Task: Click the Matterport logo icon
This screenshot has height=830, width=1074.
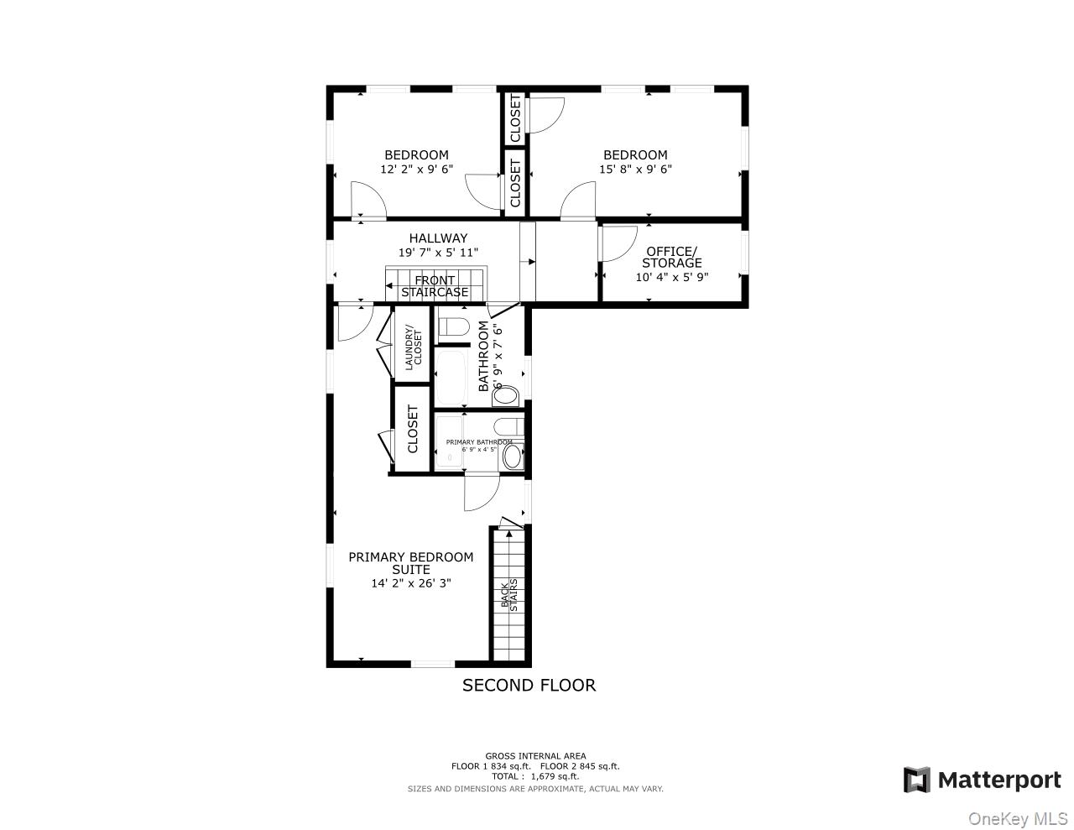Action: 916,780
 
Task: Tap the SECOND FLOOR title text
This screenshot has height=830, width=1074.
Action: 529,685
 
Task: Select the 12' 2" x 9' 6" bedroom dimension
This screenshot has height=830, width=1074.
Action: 416,169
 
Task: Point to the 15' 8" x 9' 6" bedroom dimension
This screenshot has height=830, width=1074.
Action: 635,169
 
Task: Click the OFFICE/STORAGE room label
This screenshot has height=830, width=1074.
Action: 671,257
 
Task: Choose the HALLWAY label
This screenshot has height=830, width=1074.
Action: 438,238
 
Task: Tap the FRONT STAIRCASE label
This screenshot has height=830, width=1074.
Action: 435,286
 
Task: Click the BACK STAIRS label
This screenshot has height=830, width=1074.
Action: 509,593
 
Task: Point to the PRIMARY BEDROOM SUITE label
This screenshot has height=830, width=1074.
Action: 410,563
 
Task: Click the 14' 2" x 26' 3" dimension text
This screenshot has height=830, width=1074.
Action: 410,583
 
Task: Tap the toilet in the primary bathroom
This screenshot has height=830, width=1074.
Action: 508,426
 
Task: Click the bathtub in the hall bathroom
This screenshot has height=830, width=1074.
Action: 452,378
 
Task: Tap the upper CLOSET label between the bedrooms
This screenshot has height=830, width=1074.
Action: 515,118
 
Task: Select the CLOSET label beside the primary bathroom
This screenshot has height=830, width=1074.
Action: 413,429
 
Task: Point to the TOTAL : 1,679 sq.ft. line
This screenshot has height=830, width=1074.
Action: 535,776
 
